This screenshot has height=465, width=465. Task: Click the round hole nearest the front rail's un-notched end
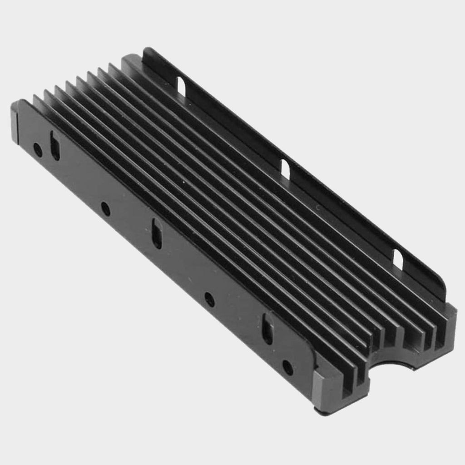pyautogui.click(x=38, y=149)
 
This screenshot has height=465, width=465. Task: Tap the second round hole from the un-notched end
pyautogui.click(x=105, y=209)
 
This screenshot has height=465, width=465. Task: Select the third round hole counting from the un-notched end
pyautogui.click(x=209, y=299)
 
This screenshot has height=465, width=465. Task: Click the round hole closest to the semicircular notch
pyautogui.click(x=287, y=367)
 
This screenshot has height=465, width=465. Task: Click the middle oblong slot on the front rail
pyautogui.click(x=157, y=233)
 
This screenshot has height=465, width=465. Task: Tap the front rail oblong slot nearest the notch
pyautogui.click(x=267, y=329)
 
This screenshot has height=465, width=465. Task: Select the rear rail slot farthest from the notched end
pyautogui.click(x=181, y=86)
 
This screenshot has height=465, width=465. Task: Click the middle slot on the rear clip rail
pyautogui.click(x=285, y=169)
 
